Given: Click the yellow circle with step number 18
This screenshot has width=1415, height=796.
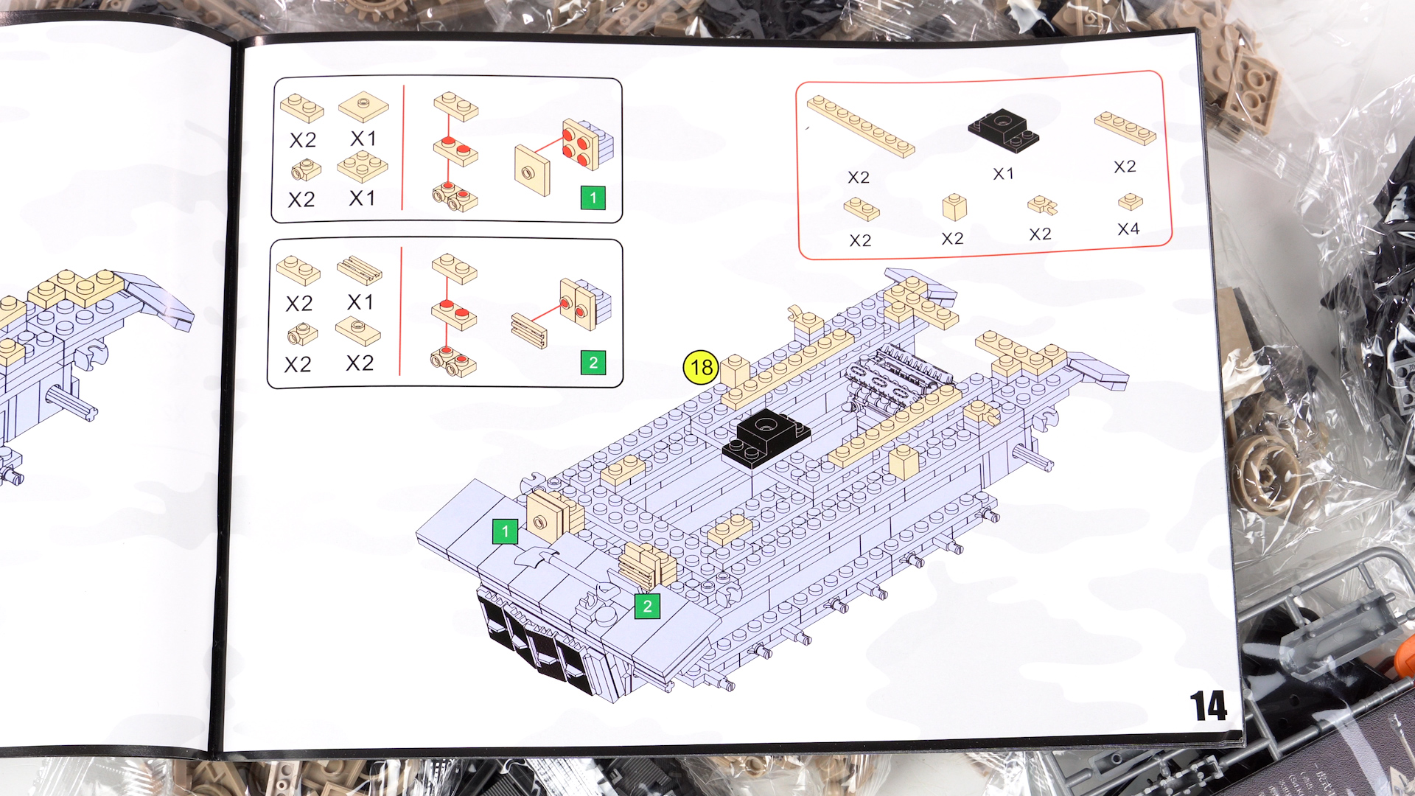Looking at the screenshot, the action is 701,367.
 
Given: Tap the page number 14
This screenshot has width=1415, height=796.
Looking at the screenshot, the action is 1208,706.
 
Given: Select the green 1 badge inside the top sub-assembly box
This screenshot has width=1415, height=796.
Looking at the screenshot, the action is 593,198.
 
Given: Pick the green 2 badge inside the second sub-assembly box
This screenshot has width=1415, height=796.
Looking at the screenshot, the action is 593,363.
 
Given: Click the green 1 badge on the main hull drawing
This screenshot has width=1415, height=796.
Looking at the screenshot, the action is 505,531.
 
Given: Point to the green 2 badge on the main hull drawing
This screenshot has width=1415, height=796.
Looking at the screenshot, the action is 647,606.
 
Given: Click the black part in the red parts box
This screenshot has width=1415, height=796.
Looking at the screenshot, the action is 1003,130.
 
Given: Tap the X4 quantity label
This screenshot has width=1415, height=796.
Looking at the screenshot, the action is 1128,229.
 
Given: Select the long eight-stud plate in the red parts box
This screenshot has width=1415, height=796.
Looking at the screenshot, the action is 861,126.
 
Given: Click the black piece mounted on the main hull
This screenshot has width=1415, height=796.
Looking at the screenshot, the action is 766,439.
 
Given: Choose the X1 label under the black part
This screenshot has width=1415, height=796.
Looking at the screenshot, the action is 1003,174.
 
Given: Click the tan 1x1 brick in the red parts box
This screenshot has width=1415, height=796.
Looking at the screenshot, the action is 954,207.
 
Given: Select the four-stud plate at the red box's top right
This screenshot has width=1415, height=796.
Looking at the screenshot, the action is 1125,128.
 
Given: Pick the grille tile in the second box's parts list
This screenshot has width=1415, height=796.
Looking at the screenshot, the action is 360,270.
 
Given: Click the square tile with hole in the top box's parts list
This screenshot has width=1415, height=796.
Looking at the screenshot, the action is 363,107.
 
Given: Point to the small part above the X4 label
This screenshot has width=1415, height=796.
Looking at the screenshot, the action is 1130,201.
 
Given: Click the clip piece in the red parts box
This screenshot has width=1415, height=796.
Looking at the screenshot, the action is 1043,205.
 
